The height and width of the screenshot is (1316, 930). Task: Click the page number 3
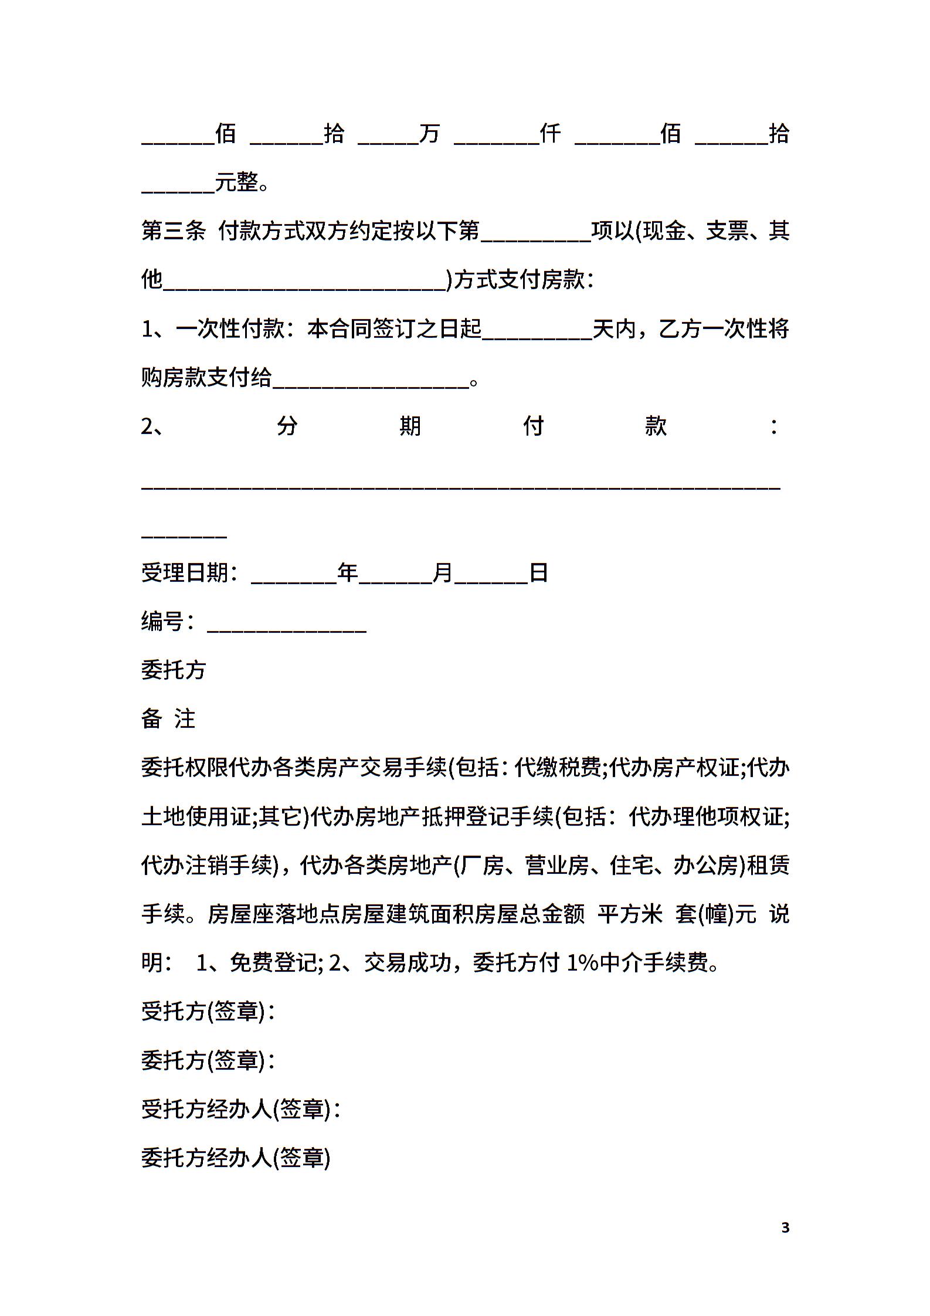tap(785, 1227)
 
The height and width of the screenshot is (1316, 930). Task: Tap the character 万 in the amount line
tap(429, 134)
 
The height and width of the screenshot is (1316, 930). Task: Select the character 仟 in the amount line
tap(550, 134)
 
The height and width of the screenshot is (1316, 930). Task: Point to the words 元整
tap(237, 183)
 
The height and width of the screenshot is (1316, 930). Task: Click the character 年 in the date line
tap(348, 572)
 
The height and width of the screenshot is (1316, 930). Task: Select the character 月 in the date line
tap(443, 572)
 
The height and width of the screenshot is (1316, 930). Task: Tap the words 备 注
tap(168, 719)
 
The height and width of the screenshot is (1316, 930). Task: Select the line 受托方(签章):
tap(208, 1012)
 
